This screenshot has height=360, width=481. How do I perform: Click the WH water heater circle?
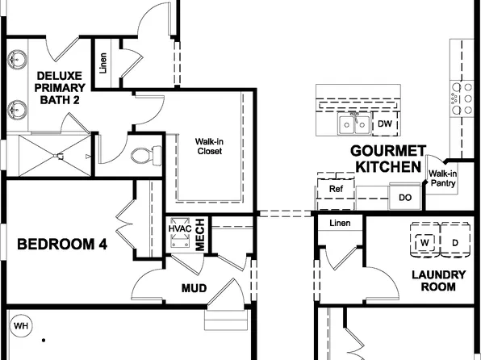coord(21,326)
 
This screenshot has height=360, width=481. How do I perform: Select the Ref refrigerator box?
coord(336,189)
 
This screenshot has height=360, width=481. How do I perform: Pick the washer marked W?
coord(425,242)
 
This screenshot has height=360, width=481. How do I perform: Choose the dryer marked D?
coord(455,242)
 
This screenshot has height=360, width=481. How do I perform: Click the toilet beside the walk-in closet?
coord(144,153)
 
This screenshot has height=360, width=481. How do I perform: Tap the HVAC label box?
coord(179,228)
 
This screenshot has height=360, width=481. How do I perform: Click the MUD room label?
coord(194,288)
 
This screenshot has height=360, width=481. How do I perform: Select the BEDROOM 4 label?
coord(62,244)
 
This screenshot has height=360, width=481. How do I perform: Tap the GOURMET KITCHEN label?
coord(387,159)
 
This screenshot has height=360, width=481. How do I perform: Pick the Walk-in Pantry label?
coord(442,178)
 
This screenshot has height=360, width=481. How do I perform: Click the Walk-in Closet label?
coord(209,145)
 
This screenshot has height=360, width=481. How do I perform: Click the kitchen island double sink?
coord(354,125)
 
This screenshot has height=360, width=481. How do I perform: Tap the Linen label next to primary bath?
coord(103,63)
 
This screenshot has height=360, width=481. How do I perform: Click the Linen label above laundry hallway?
coord(341,223)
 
